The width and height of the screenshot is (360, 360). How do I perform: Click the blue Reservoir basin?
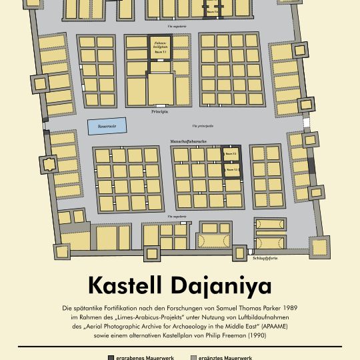102,125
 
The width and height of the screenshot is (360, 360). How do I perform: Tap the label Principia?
159,113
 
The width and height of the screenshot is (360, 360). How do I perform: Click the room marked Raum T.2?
231,153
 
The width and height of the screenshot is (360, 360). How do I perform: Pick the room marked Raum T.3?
231,171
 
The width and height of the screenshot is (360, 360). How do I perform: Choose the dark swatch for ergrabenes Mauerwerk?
111,358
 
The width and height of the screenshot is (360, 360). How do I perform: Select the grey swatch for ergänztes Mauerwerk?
194,358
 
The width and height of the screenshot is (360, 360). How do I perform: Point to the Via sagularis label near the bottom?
177,217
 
